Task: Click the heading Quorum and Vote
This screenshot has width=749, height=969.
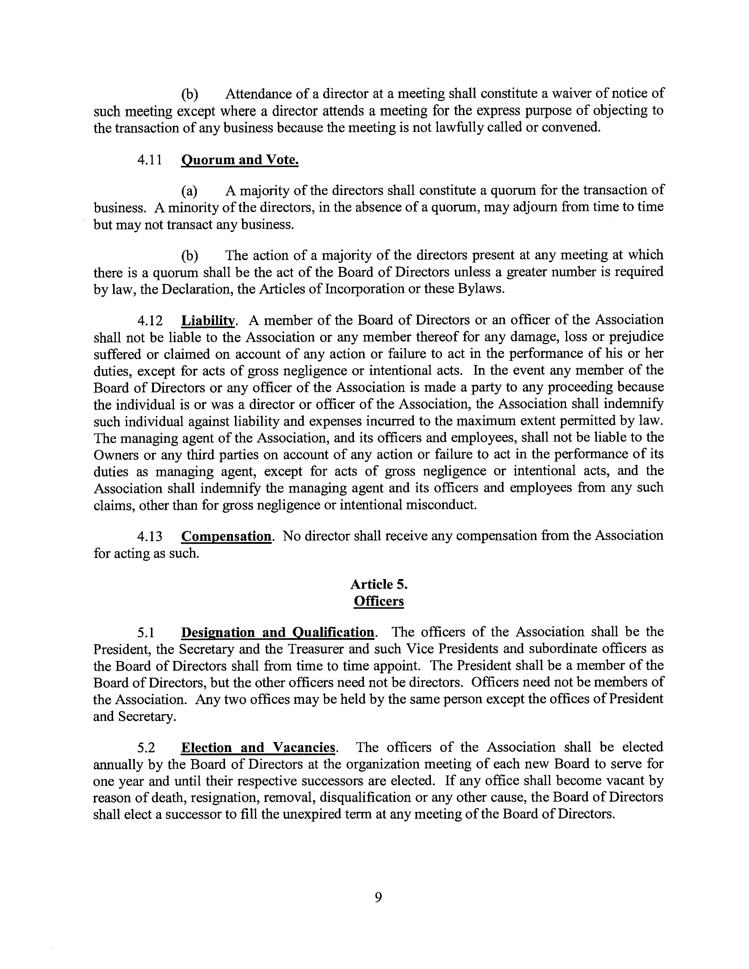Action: click(240, 160)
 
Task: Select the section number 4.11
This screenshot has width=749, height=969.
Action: click(149, 160)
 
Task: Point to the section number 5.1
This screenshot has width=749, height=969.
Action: click(147, 632)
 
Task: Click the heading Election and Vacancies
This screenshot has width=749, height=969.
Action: click(258, 748)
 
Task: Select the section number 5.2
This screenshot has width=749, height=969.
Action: click(147, 748)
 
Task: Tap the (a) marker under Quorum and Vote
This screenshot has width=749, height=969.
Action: click(189, 191)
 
